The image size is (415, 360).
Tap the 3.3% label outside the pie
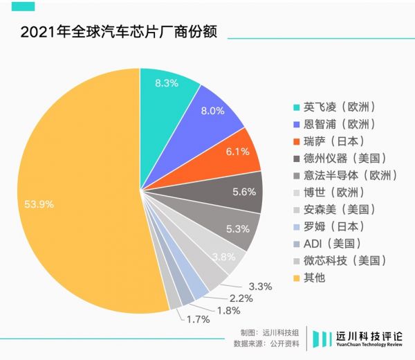click(261, 285)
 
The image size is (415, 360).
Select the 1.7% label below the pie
click(199, 319)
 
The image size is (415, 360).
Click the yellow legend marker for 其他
click(297, 278)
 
